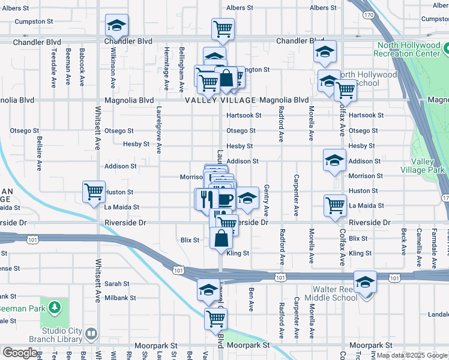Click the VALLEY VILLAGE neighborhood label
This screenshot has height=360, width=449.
pos(220,100)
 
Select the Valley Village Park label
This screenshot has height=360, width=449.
pos(427,166)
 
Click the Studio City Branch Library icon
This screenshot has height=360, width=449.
pos(91,333)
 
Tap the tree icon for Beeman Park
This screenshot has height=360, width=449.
pos(55,308)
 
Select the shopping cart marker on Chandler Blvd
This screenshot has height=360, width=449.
pos(223,28)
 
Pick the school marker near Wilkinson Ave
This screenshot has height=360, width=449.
pos(116,25)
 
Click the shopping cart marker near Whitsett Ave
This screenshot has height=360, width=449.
pos(94,192)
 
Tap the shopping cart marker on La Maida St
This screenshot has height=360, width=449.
pos(335,205)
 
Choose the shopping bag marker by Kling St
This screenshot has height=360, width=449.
pos(221,238)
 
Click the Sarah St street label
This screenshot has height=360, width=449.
pos(117,284)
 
